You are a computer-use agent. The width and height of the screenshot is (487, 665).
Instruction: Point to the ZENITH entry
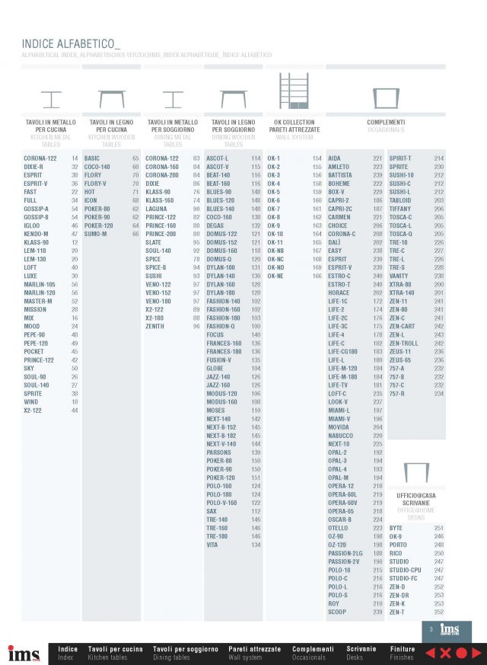[x=155, y=326]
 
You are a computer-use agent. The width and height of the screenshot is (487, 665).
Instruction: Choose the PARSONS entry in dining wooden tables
[x=219, y=452]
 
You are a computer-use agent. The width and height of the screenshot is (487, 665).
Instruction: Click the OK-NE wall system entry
[x=275, y=276]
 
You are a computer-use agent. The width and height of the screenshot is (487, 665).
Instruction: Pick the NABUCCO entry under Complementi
[x=341, y=435]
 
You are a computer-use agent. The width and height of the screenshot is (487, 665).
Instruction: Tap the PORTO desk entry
[x=397, y=545]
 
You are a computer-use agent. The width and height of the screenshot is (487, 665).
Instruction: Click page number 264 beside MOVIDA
[x=377, y=427]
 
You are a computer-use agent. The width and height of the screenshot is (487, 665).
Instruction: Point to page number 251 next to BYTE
[x=439, y=527]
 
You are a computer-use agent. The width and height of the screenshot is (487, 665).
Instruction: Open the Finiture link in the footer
[x=403, y=649]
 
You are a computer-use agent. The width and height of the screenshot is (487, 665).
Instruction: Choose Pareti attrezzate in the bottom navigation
[x=255, y=649]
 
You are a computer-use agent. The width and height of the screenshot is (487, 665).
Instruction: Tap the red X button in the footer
[x=444, y=653]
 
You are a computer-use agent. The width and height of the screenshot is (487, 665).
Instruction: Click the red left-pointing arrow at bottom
[x=429, y=653]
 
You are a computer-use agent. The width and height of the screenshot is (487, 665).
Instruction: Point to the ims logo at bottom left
[x=24, y=653]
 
